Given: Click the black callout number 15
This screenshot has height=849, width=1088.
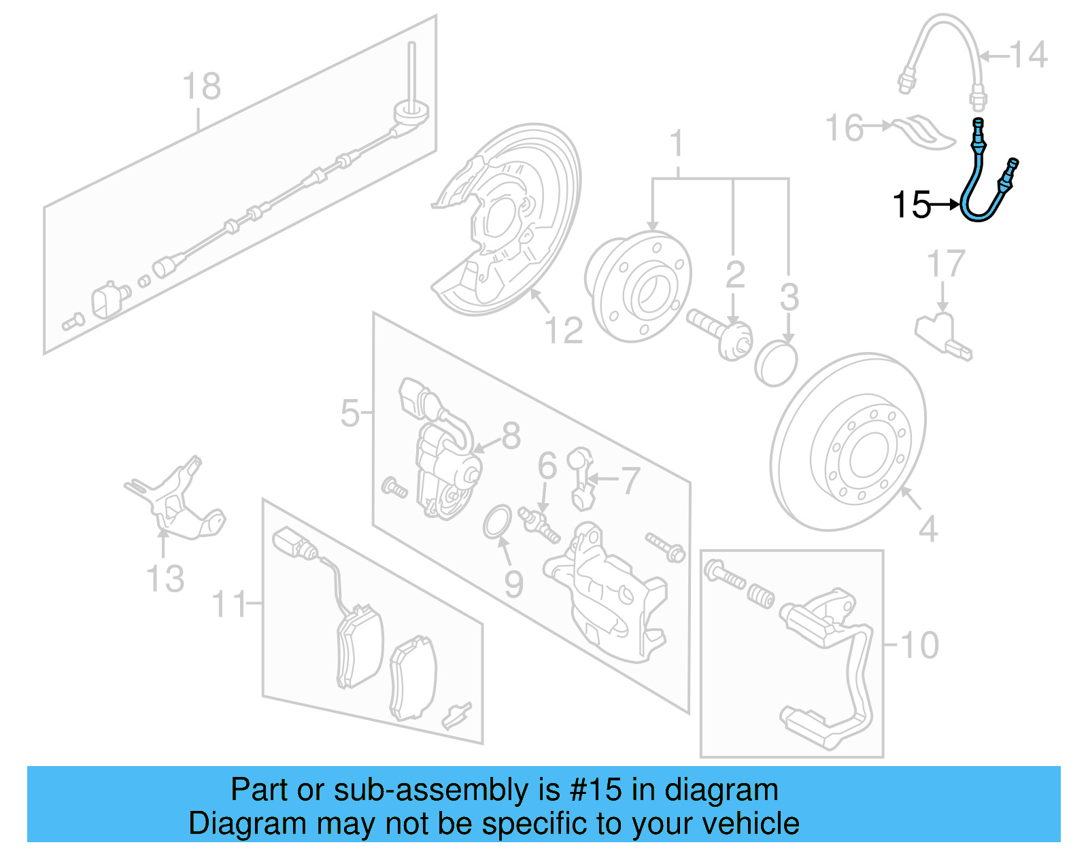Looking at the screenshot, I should pos(911,204).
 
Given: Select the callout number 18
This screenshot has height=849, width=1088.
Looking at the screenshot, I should pos(202,87).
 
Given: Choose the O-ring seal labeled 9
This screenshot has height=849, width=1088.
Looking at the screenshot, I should pos(497,521).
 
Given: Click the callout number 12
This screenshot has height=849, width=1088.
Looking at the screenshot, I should pos(564,331).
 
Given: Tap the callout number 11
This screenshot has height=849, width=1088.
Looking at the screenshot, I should pos(229,604).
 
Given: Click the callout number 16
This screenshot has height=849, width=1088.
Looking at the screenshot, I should pos(844,128).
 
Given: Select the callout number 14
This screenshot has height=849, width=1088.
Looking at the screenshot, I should pos(1027,54).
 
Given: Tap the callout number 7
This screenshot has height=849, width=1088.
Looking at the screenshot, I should pos(630,481).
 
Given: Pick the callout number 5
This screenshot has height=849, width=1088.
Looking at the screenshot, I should pos(350,413).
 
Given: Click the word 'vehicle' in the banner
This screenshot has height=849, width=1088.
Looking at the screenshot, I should pos(751,824).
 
